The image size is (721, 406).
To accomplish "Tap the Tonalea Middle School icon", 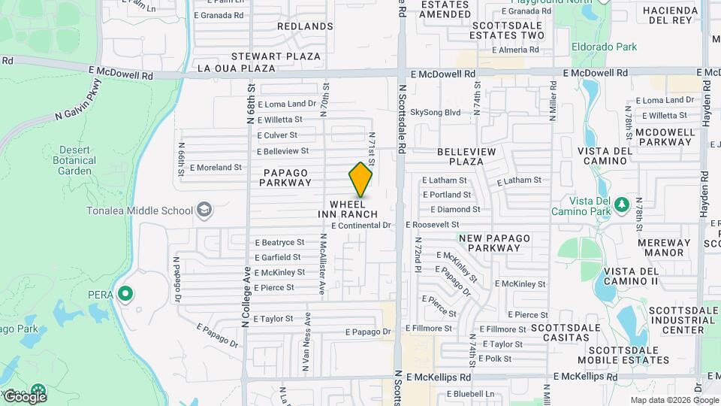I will click(x=204, y=211).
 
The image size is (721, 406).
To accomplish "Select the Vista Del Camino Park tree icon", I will click(x=621, y=205).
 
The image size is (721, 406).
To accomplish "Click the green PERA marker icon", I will click(x=125, y=294).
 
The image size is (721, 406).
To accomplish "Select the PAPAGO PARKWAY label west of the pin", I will click(x=287, y=177).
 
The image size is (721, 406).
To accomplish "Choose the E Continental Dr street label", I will click(x=361, y=225).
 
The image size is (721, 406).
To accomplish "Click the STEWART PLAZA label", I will click(x=276, y=56).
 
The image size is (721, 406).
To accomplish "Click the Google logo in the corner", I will click(x=25, y=395).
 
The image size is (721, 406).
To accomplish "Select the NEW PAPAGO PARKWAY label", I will click(x=494, y=243).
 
